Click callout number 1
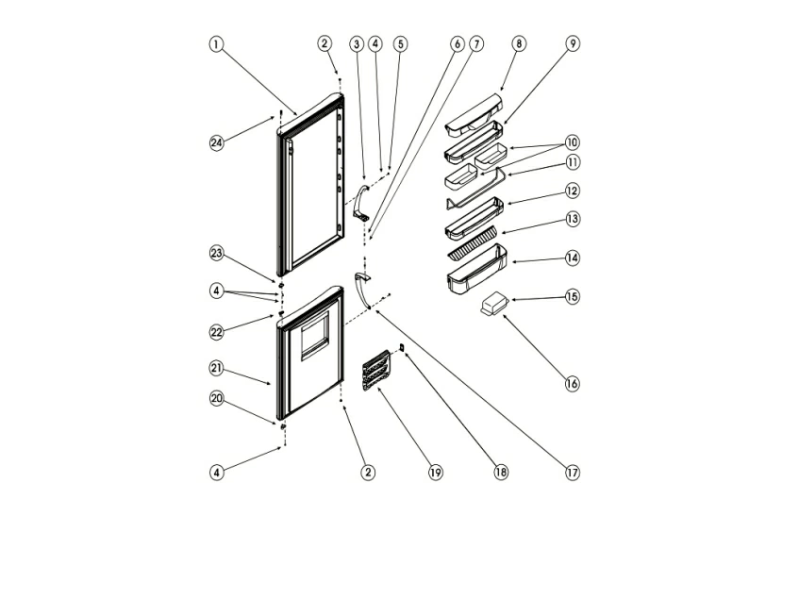point(217,44)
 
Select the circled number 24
point(217,143)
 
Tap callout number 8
point(519,44)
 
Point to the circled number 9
point(573,44)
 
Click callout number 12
point(573,191)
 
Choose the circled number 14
point(573,258)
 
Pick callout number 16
point(573,384)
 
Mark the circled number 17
point(573,473)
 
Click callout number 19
point(435,473)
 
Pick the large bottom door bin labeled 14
point(476,273)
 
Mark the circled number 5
point(401,44)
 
